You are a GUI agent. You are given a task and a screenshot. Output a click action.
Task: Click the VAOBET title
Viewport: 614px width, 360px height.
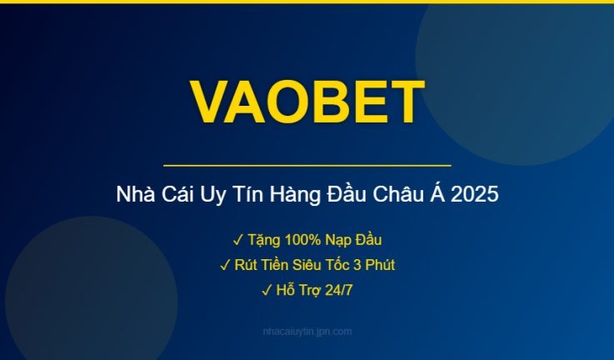click(x=307, y=102)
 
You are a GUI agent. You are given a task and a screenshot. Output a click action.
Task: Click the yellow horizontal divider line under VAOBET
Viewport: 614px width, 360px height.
click(x=307, y=166)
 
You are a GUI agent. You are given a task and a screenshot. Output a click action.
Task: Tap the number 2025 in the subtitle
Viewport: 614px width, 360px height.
click(x=477, y=196)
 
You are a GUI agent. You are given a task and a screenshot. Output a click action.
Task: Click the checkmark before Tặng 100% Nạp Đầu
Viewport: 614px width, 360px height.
click(x=237, y=240)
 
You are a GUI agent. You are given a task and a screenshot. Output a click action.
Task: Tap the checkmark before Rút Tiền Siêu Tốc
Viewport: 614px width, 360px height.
click(x=225, y=265)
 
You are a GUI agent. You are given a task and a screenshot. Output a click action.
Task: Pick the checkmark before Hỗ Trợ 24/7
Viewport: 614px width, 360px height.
click(x=267, y=290)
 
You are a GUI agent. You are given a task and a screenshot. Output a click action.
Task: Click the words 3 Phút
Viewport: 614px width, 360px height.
click(x=372, y=265)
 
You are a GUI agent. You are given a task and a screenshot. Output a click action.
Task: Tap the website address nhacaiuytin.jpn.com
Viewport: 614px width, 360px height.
click(x=307, y=332)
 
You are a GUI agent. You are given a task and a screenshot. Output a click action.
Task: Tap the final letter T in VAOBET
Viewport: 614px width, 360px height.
click(x=406, y=102)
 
